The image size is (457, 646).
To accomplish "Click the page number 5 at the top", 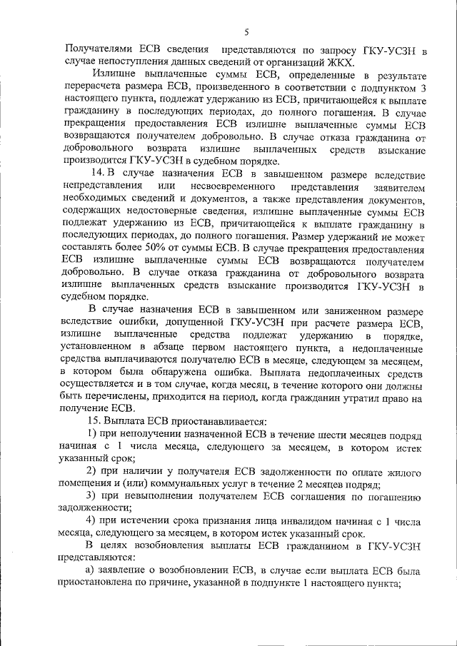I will pyautogui.click(x=245, y=32).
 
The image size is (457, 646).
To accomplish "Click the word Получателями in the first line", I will pyautogui.click(x=100, y=50).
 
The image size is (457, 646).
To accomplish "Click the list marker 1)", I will pyautogui.click(x=91, y=434).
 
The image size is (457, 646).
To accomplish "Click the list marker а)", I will pyautogui.click(x=91, y=570).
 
